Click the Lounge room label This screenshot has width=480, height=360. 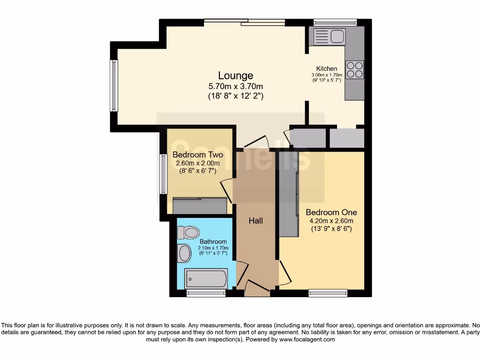tap(235, 75)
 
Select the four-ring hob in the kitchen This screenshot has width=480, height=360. tap(355, 69)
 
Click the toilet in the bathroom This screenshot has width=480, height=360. tap(188, 232)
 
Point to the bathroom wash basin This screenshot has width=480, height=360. tap(184, 254)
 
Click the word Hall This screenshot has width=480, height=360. tap(255, 220)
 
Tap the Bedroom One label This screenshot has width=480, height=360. tap(331, 212)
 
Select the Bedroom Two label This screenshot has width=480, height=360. tap(197, 155)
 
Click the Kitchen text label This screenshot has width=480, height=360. tap(327, 68)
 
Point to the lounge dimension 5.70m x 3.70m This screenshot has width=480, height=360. tap(235, 86)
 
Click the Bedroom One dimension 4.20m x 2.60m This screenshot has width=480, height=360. tap(331, 221)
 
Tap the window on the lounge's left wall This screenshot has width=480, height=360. tap(114, 86)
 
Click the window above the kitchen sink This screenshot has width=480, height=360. tap(335, 22)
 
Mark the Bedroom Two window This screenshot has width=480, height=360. tap(163, 174)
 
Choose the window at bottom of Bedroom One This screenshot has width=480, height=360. tap(328, 293)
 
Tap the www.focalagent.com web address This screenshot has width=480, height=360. tap(307, 339)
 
